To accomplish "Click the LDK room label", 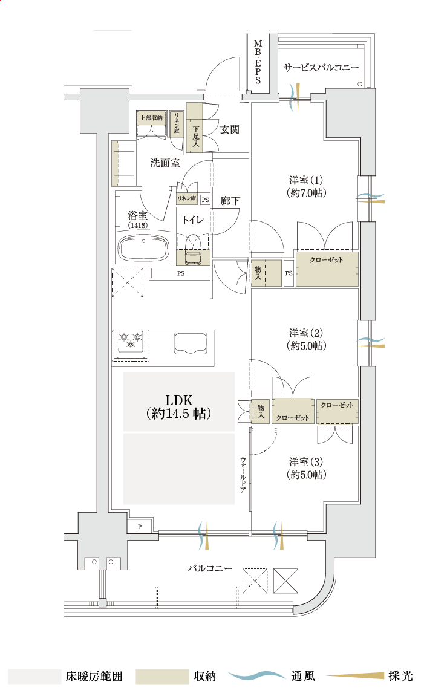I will point(178,406).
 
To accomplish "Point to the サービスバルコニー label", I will point(321,68).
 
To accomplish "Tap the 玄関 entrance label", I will point(230,129).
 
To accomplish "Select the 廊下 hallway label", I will point(230,200).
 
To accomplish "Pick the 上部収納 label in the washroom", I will point(151,117).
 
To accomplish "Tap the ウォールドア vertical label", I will point(243,475).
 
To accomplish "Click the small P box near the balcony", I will point(140,527).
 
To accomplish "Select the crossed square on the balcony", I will point(286,581).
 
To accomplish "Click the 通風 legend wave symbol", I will point(257,675).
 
